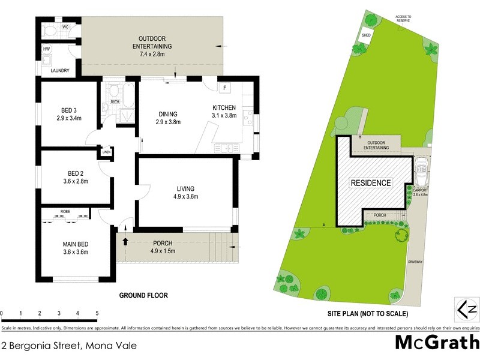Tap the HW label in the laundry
pyautogui.click(x=46, y=49)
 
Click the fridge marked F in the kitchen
pyautogui.click(x=225, y=88)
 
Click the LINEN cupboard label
pyautogui.click(x=107, y=151)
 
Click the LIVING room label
pyautogui.click(x=186, y=188)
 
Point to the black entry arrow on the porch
pyautogui.click(x=125, y=242)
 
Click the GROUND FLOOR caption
pyautogui.click(x=143, y=295)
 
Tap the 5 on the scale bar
pyautogui.click(x=97, y=313)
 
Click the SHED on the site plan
pyautogui.click(x=366, y=35)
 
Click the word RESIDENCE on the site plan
pyautogui.click(x=371, y=182)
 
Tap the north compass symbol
pyautogui.click(x=468, y=309)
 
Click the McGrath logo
pyautogui.click(x=436, y=343)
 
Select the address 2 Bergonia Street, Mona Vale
pyautogui.click(x=69, y=346)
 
